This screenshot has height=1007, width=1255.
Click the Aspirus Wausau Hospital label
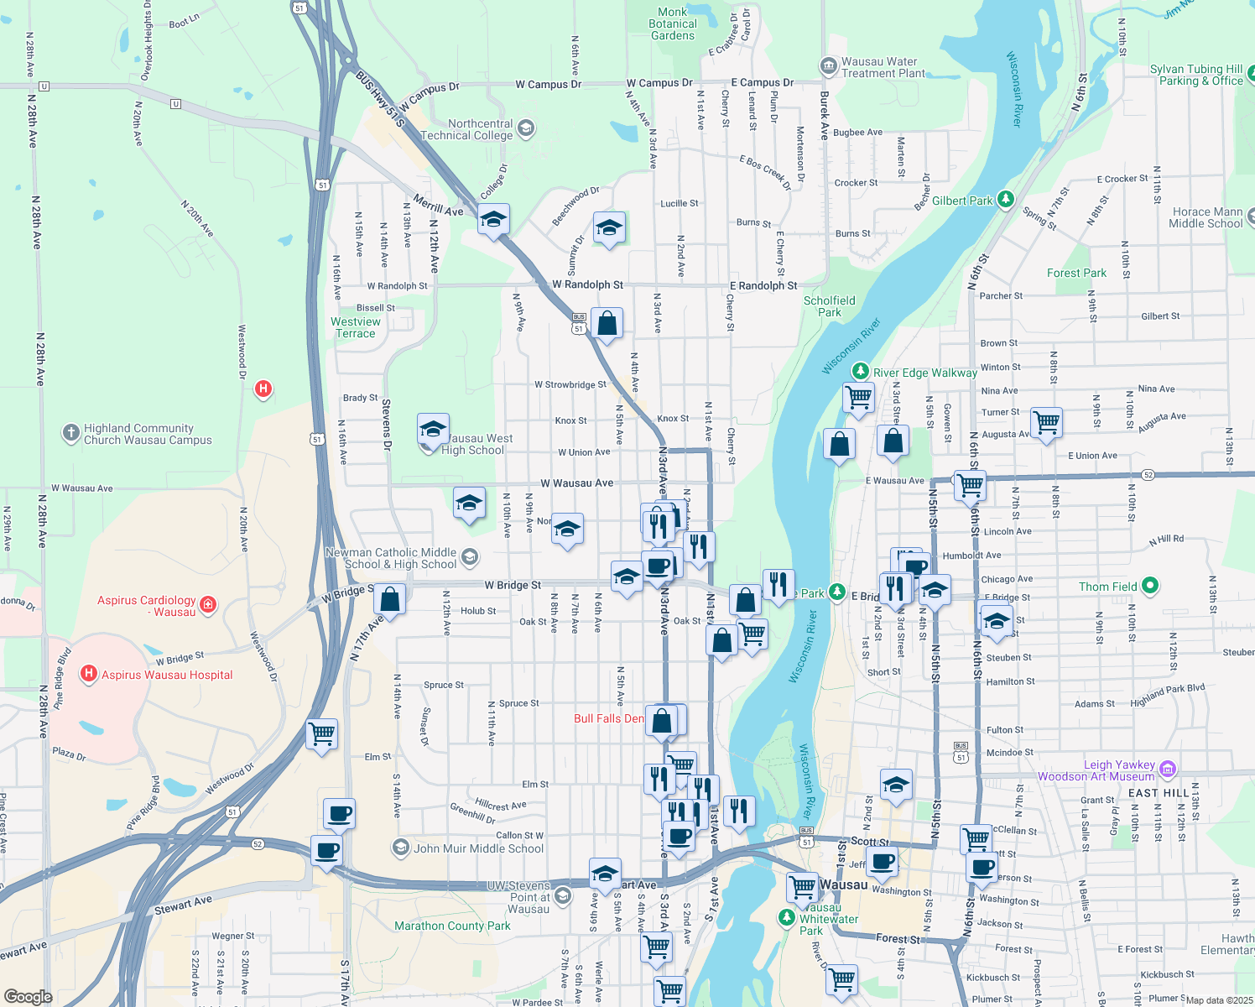[x=167, y=675]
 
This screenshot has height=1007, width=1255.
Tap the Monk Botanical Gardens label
[x=673, y=23]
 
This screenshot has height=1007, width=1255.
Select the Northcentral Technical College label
[x=466, y=129]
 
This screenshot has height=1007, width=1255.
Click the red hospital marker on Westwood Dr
[x=263, y=389]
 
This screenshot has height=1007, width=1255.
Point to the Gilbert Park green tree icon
[x=1006, y=200]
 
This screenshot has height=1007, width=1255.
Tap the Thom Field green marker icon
[x=1150, y=586]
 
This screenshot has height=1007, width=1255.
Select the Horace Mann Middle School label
[x=1206, y=217]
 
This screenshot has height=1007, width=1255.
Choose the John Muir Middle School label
[x=478, y=848]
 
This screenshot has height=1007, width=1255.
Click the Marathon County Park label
[x=452, y=926]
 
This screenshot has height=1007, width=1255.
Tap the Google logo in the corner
[x=28, y=997]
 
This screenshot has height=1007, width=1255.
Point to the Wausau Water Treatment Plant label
[x=879, y=67]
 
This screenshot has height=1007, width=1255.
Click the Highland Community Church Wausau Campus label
[x=148, y=434]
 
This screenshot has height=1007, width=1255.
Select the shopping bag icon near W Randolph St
[x=607, y=323]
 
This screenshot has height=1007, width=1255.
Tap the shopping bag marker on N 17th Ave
[x=389, y=599]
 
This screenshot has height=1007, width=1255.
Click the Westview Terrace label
[x=356, y=327]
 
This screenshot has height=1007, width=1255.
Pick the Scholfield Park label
[x=830, y=306]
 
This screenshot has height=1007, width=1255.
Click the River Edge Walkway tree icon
[x=860, y=371]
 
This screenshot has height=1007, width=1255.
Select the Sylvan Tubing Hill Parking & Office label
[x=1196, y=75]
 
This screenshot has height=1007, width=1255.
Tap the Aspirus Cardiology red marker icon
[x=209, y=604]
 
